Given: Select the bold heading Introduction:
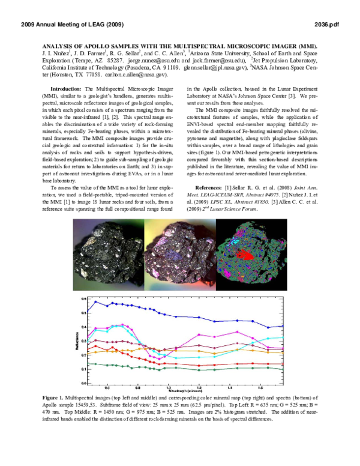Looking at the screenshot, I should tap(69, 88).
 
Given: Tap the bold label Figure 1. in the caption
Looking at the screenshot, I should tap(56, 398).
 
